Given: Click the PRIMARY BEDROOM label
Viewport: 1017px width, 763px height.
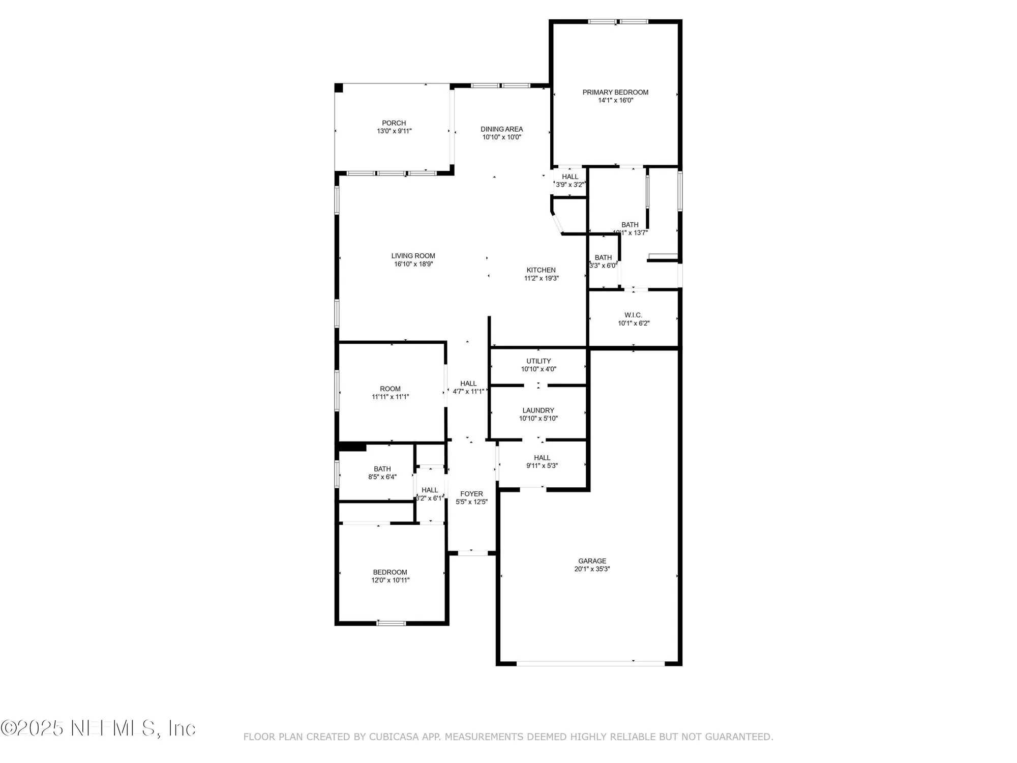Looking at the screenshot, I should pos(615,92).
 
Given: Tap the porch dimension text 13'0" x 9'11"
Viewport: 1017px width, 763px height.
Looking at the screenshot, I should pos(394,131).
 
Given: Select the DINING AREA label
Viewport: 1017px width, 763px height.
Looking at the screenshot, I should pos(501,129).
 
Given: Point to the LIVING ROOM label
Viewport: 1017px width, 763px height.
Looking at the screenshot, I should pos(413,256).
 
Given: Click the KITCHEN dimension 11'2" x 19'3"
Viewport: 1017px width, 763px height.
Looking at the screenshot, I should pos(541,278).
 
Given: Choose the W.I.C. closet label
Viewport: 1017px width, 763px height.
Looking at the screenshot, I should pos(633,315).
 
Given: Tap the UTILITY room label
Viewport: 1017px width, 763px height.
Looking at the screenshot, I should pos(539,361).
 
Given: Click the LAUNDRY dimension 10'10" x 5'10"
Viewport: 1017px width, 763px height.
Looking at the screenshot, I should pos(538,419).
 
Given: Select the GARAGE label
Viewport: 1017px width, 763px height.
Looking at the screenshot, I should pos(592,561).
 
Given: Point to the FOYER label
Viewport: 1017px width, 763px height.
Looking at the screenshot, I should pos(471,494).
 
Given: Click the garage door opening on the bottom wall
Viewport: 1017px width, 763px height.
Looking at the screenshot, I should pos(590,663).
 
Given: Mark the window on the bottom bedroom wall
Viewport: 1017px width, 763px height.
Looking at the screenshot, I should pos(391,623).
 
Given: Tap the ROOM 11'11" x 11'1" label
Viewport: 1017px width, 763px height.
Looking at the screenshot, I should pos(390,389).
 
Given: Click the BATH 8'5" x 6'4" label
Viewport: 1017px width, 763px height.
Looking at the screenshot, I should pos(382,469).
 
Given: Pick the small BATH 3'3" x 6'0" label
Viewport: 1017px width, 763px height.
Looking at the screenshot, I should pos(603,258).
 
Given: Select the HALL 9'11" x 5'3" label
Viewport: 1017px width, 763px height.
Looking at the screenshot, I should pos(542,458).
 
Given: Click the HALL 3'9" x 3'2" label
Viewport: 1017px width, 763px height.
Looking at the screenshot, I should pos(570,177).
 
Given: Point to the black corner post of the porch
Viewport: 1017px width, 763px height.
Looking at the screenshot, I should pos(339,88).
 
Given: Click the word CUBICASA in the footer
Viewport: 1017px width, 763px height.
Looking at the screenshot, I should pos(394,737).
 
